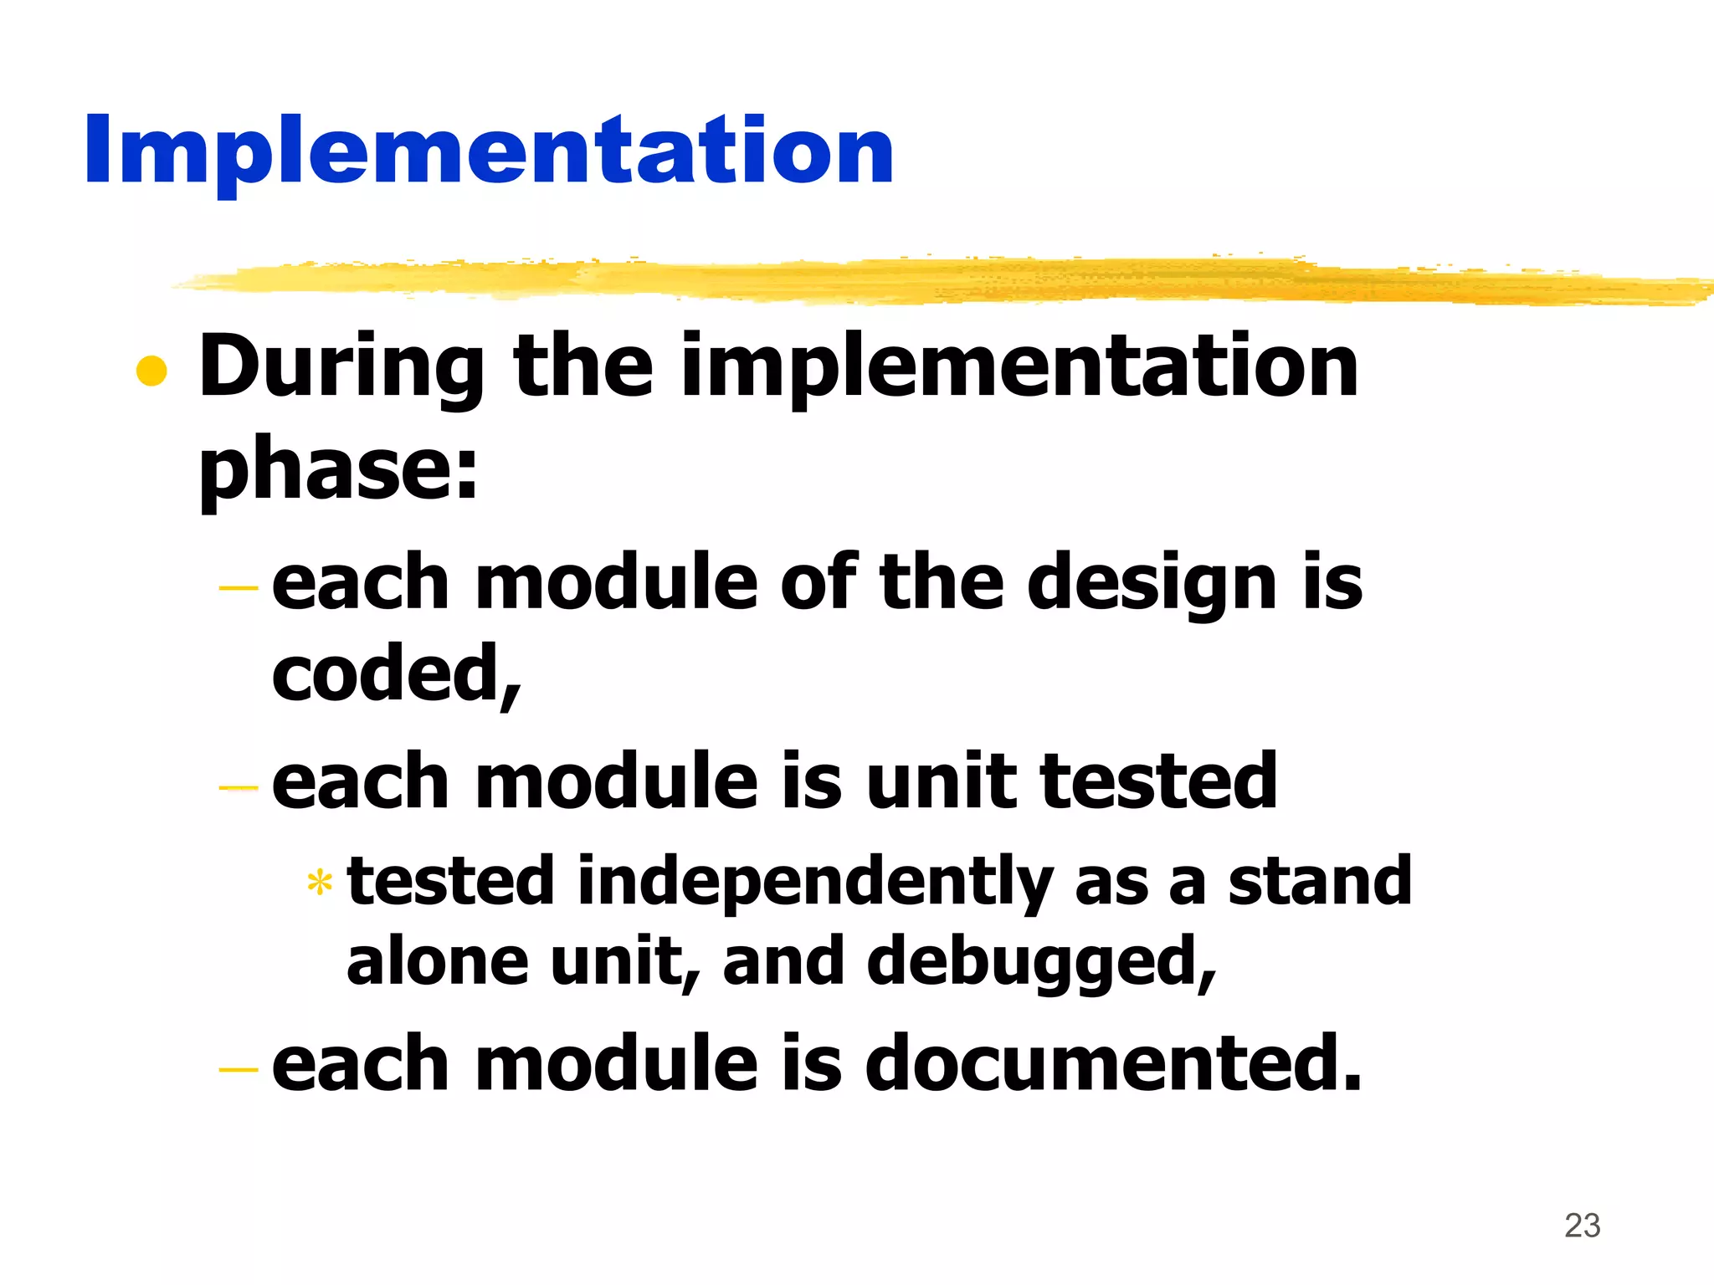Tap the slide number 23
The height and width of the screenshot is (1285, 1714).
1582,1226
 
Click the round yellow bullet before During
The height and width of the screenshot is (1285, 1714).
151,371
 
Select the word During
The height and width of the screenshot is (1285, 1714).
341,368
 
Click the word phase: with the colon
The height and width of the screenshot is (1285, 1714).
338,470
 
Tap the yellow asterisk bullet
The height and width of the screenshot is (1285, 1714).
320,883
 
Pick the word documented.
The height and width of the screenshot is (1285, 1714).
1113,1064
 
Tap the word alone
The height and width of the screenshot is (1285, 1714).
438,962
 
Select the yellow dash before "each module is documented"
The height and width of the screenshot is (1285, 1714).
239,1070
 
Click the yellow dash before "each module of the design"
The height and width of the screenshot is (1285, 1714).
239,589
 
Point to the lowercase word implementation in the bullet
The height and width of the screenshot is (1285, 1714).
1019,368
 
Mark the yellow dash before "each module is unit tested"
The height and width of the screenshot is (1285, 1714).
239,787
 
